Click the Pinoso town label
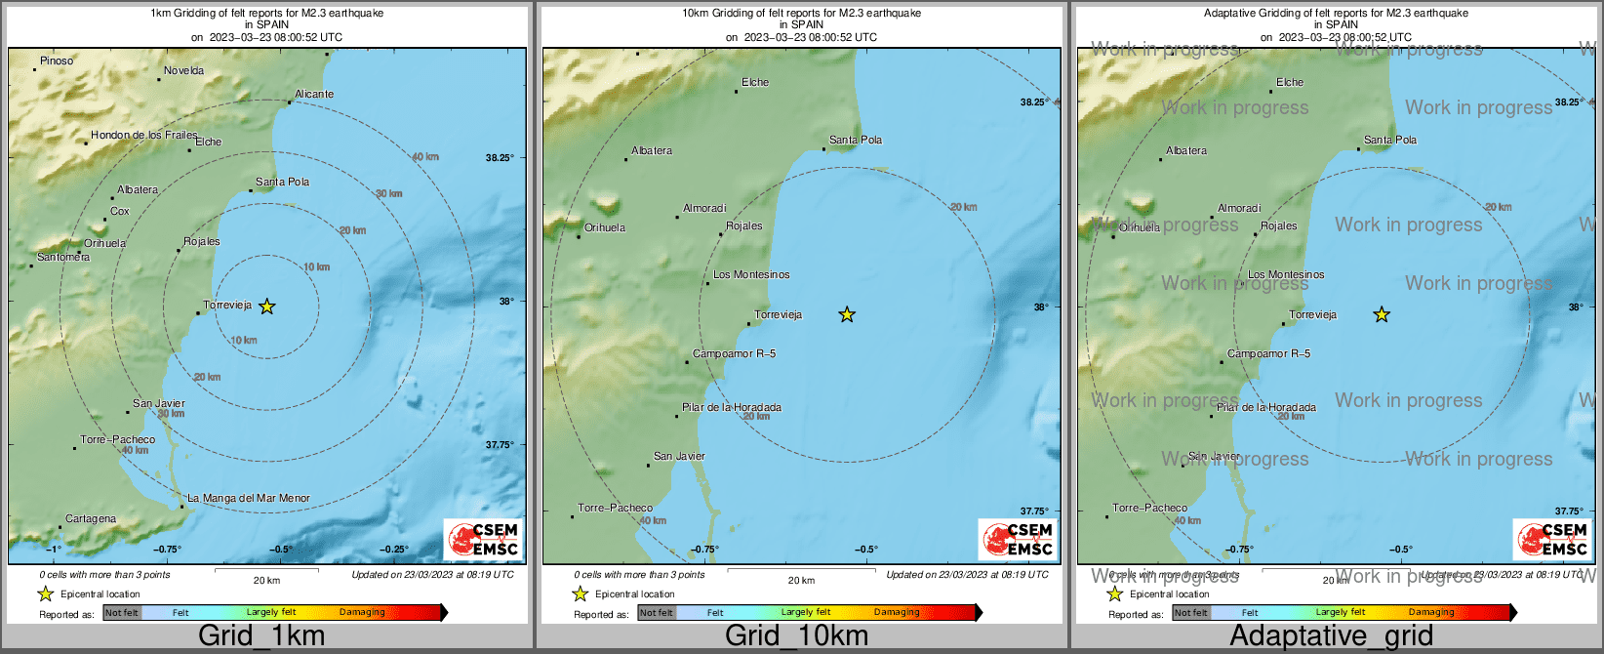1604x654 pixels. click(57, 61)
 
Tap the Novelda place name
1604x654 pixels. click(184, 70)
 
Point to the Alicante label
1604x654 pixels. click(314, 94)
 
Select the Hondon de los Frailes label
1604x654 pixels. click(144, 135)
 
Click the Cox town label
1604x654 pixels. click(120, 211)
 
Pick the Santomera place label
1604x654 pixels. click(63, 257)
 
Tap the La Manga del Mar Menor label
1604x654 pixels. click(249, 498)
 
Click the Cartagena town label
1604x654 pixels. click(91, 518)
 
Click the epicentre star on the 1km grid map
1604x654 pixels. click(266, 307)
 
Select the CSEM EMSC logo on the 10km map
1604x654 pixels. click(1017, 539)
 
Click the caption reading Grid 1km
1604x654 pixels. click(261, 635)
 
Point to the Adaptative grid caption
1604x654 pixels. click(1331, 635)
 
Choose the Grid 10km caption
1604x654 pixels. click(796, 635)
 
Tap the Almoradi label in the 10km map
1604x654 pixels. click(704, 208)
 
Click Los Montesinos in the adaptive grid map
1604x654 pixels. click(1286, 274)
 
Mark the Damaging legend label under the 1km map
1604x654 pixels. click(362, 612)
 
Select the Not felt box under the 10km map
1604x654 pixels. click(657, 613)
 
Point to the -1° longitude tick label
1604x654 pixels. click(53, 549)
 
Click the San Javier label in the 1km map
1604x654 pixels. click(159, 403)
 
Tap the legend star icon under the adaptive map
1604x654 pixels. click(1114, 593)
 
